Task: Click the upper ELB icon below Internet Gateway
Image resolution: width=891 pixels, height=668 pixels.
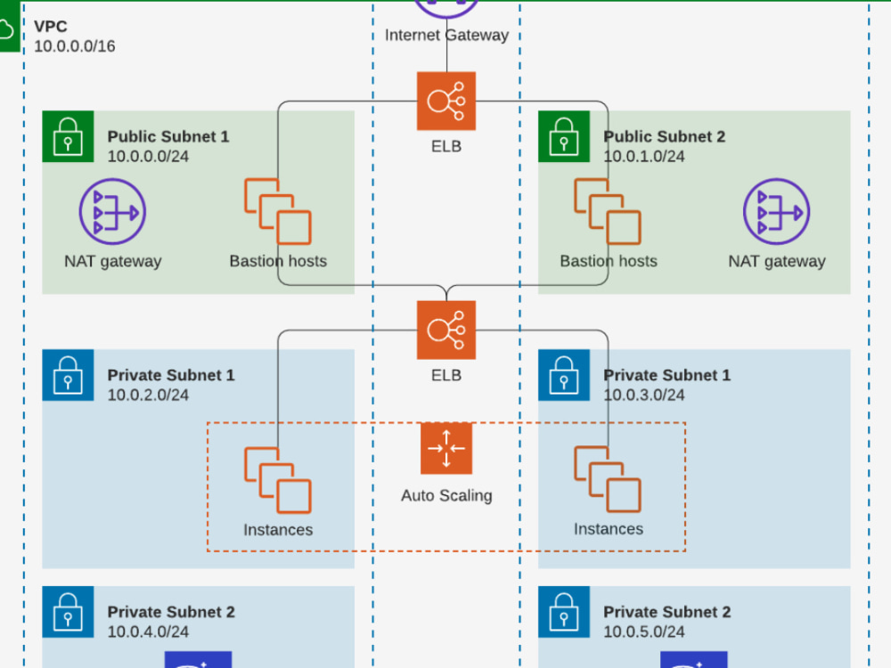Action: (x=446, y=101)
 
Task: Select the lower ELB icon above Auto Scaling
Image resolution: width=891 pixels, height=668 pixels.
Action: (x=446, y=330)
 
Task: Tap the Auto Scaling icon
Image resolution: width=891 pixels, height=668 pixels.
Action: (x=446, y=448)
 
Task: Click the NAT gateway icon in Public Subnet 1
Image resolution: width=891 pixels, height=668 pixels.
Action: (x=112, y=212)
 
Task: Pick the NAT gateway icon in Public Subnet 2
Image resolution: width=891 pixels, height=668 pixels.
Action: (x=776, y=212)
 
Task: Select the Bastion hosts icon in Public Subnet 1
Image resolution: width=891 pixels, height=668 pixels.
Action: (x=278, y=212)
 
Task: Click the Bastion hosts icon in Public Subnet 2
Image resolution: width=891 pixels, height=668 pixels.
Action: (x=608, y=212)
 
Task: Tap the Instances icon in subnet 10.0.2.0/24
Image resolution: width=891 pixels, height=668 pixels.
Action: (x=278, y=480)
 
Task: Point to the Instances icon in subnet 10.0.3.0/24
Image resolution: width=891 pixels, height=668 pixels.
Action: (x=608, y=479)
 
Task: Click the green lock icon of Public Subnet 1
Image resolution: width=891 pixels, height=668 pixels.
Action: (x=68, y=136)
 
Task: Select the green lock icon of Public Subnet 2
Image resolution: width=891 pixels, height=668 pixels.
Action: (x=564, y=136)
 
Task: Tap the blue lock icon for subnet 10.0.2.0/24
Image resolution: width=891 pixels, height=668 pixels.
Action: (x=68, y=375)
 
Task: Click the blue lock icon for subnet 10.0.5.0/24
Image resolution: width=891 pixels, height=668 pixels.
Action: (x=564, y=612)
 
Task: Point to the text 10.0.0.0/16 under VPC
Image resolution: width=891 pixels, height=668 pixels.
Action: (x=75, y=46)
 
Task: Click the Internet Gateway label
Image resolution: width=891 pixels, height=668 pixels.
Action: (x=446, y=36)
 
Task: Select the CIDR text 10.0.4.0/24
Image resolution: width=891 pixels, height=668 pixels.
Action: (x=148, y=631)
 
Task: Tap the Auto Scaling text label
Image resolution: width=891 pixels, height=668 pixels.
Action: (x=446, y=496)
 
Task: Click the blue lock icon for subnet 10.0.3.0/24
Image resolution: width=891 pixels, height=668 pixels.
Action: (x=564, y=375)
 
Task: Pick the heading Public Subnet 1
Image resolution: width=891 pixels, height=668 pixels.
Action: (x=168, y=137)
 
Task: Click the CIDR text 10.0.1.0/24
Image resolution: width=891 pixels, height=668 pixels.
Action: (x=644, y=157)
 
